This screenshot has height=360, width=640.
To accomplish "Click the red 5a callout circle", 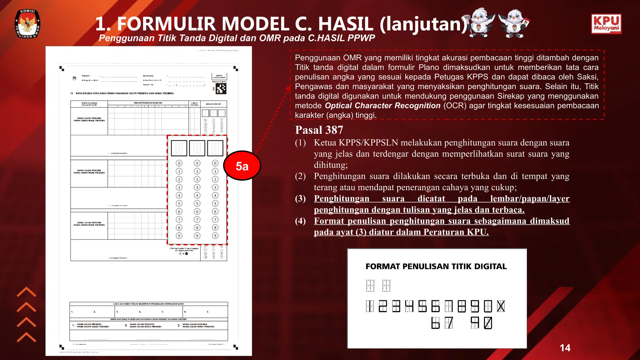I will pos(242,166).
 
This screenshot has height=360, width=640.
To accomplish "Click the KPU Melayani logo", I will pos(606,24).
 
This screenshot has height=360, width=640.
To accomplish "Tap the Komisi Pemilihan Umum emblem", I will pos(27,24).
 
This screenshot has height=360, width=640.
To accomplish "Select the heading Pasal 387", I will pos(319,130).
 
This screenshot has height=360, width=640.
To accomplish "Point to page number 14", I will pos(565,348).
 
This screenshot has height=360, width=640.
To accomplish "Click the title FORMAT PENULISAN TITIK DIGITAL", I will pos(436,267).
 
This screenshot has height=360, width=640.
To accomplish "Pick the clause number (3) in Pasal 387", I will pos(300,199).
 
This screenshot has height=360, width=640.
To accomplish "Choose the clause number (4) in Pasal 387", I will pos(300,221).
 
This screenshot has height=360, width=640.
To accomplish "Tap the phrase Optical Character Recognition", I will pos(382,106).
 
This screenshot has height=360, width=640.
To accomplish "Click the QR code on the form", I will pos(221,89).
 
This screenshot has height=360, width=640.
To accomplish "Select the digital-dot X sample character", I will pos(501,306).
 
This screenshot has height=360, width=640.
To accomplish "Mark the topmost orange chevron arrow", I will pos(26,292).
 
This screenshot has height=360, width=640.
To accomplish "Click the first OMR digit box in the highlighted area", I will pos(179,148).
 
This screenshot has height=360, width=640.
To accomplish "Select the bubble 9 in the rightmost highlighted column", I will pos(215,236).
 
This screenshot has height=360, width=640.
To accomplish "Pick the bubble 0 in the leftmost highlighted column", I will pos(179,163).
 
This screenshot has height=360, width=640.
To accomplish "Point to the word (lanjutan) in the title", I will pos(423,24).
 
